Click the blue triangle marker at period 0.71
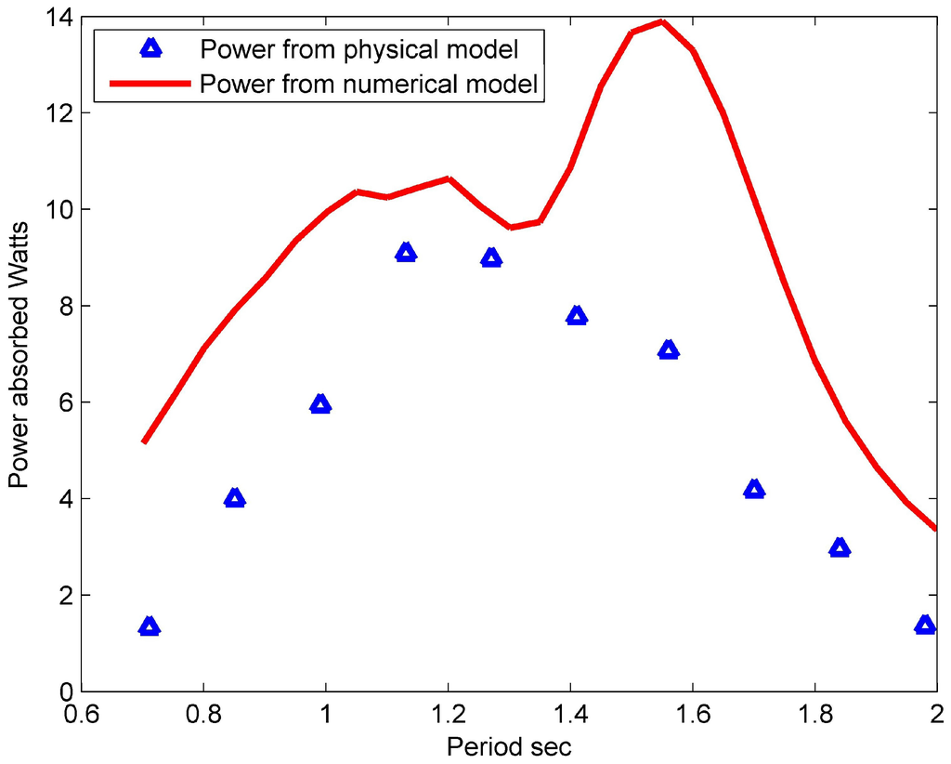point(150,627)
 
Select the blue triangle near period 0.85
point(235,499)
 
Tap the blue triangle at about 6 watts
point(320,404)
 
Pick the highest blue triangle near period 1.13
point(405,253)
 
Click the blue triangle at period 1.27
point(491,258)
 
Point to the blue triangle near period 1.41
point(577,317)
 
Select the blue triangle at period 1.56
point(669,350)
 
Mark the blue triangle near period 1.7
point(754,490)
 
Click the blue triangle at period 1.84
point(840,548)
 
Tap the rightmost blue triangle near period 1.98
point(925,626)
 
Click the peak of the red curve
point(661,21)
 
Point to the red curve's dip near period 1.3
point(511,227)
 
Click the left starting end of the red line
point(144,441)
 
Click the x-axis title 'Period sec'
point(509,746)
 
